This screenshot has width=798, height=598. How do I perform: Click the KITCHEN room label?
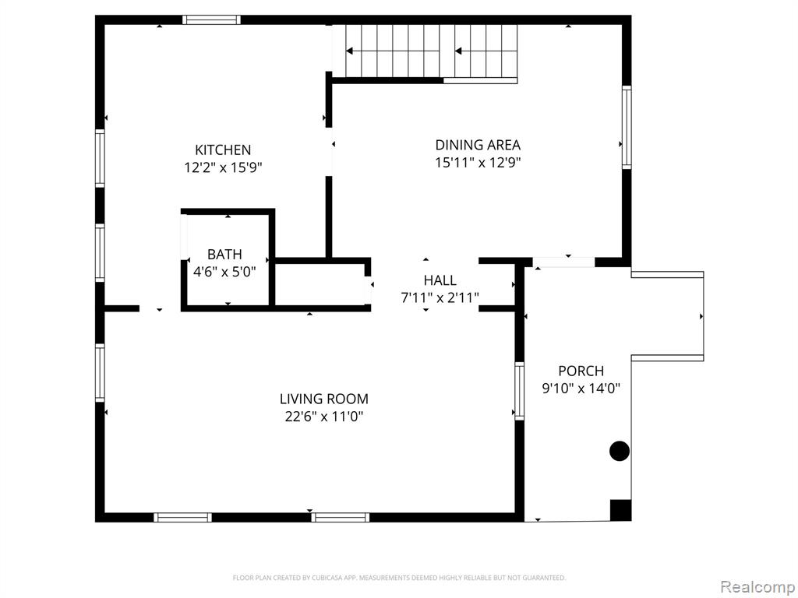[x=223, y=150]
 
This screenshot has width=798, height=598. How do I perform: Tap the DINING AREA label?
[x=478, y=145]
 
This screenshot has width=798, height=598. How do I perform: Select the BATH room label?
[x=224, y=255]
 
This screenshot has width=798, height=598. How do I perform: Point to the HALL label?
[x=440, y=280]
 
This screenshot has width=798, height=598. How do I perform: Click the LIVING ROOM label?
[x=324, y=399]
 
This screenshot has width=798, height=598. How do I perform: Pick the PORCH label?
[x=581, y=371]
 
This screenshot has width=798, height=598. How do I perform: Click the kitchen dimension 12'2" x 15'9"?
[x=223, y=167]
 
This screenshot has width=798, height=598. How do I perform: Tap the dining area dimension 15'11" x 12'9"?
[x=478, y=162]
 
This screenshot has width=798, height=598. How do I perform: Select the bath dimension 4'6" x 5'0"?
[x=224, y=272]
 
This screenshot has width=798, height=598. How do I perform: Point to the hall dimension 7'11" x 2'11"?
[x=440, y=297]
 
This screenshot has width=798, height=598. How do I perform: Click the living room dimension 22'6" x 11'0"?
[x=324, y=417]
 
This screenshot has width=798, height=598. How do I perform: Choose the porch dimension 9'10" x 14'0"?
[x=581, y=389]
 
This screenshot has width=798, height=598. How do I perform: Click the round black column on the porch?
[x=620, y=451]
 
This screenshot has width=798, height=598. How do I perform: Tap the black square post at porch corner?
[x=620, y=510]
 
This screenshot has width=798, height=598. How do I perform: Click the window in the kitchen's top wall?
[x=211, y=19]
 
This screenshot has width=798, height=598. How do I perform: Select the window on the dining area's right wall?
[x=627, y=127]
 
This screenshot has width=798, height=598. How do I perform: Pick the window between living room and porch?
[x=519, y=391]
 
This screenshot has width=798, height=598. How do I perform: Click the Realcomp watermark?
[x=757, y=586]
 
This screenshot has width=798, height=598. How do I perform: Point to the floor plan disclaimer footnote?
[x=399, y=578]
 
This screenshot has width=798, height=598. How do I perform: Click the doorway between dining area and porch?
[x=563, y=262]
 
